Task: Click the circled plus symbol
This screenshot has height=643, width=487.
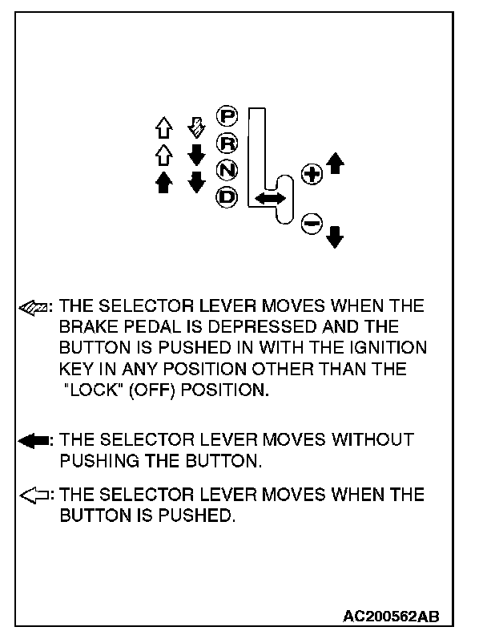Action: tap(311, 174)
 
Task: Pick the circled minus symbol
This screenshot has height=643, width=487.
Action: tap(311, 224)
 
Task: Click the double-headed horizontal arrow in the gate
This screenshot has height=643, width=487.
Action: tap(271, 196)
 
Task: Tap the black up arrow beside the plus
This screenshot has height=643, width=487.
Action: tap(336, 164)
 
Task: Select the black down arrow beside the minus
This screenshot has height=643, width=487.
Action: tap(336, 235)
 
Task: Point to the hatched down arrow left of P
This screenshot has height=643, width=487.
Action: tap(195, 127)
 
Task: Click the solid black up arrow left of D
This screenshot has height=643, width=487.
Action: tap(164, 182)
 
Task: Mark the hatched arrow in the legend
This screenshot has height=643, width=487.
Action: tap(35, 307)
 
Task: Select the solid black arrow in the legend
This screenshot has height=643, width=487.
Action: tap(35, 440)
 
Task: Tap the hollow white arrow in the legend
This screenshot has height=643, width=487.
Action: tap(35, 495)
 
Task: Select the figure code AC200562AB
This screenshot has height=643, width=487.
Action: tap(391, 616)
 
